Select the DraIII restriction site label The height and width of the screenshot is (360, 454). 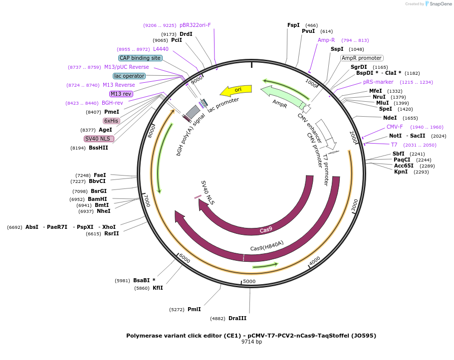237,318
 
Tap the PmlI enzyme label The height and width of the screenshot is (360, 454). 194,309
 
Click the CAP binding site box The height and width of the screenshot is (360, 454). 140,58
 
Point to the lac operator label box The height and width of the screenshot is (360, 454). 129,76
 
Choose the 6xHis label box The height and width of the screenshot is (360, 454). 111,121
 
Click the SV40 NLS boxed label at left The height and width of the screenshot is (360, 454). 99,139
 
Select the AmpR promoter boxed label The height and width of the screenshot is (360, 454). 362,58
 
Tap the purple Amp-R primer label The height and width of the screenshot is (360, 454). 326,40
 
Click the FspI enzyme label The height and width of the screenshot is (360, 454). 293,25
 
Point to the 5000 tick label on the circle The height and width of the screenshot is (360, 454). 249,282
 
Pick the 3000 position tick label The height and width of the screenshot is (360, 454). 355,205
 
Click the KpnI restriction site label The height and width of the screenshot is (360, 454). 401,172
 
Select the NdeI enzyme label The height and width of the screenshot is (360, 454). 390,118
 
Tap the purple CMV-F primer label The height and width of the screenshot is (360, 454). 395,127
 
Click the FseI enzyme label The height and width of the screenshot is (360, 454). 100,175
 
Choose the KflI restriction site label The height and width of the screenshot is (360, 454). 158,288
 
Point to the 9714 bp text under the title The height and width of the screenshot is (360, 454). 251,342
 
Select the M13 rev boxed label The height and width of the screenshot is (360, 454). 121,94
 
